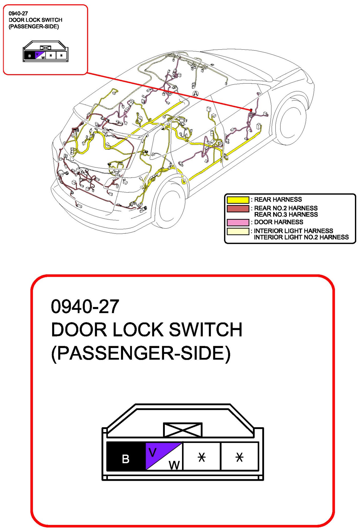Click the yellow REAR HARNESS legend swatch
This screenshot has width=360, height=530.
coord(238,200)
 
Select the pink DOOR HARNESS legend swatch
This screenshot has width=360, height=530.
coord(238,222)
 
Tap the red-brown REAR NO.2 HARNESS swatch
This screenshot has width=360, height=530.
coord(238,209)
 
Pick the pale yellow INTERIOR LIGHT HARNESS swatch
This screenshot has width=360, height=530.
coord(238,231)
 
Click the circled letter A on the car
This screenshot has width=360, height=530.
coord(196,94)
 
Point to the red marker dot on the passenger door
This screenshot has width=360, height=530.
coord(251,110)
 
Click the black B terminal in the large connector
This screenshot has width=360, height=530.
coord(126,456)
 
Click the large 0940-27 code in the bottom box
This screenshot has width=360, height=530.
coord(85,306)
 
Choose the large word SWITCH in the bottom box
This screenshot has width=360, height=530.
coord(205,330)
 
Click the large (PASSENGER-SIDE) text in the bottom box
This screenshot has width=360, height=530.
coord(141,353)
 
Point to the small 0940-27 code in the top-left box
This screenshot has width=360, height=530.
coord(18,13)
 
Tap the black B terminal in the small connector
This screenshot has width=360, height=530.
coord(29,56)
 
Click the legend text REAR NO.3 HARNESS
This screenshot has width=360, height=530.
coord(286,215)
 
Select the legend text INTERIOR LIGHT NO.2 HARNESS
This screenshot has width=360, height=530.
coord(301,237)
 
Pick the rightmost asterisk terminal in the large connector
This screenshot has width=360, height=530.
coord(240,457)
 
